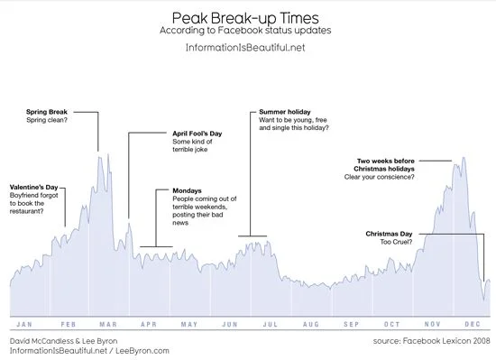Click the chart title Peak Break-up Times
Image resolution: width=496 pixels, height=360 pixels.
click(245, 18)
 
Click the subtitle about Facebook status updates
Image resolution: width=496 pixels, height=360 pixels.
click(245, 31)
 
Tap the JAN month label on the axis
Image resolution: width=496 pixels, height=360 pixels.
click(24, 324)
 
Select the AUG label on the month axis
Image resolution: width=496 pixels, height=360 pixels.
click(311, 324)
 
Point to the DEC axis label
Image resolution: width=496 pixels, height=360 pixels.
click(473, 324)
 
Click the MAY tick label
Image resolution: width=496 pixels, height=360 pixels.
click(189, 324)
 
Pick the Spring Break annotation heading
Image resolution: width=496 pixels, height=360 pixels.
click(47, 112)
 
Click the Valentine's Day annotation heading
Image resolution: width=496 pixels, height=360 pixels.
click(34, 188)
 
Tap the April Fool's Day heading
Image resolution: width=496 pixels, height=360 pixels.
click(197, 134)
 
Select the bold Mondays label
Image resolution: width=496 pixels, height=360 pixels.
click(187, 190)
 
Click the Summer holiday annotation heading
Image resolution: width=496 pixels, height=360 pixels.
click(285, 112)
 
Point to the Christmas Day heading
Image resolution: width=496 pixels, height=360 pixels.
click(389, 234)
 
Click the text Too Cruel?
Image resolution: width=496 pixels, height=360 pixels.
click(396, 242)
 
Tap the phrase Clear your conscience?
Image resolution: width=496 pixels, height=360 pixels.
click(380, 177)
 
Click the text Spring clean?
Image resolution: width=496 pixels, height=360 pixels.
click(47, 120)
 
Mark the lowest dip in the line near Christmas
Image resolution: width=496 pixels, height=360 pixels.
click(483, 300)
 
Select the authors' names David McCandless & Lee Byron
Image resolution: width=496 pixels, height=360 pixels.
click(64, 341)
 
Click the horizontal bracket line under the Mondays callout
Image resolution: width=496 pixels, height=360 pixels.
click(156, 246)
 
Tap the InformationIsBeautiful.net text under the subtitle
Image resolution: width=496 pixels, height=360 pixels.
click(245, 48)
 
